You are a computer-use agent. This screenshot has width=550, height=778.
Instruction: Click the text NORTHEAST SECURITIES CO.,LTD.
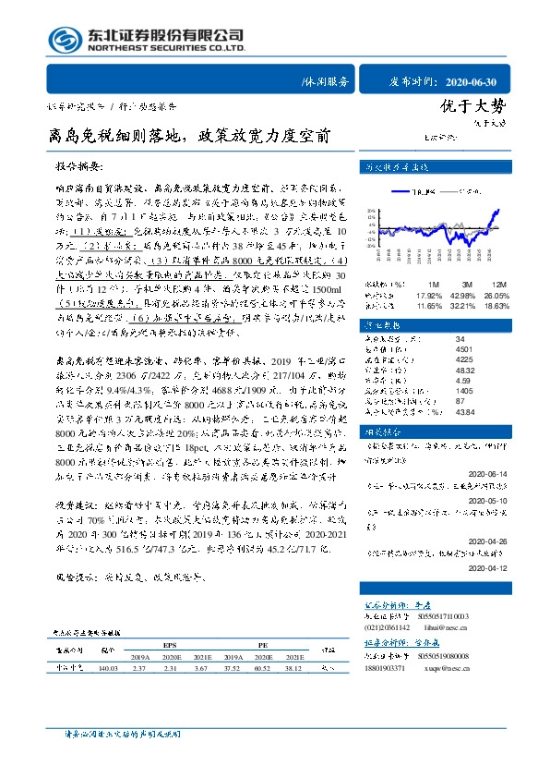[166, 47]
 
